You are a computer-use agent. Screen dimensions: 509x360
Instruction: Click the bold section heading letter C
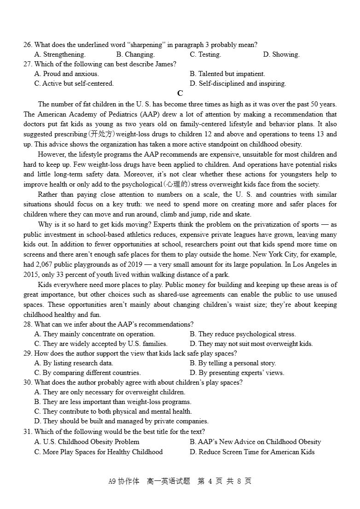point(180,94)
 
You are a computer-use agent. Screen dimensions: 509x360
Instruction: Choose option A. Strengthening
point(60,54)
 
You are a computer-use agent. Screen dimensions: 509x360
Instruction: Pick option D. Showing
point(281,54)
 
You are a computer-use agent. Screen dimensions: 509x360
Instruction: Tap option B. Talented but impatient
point(227,74)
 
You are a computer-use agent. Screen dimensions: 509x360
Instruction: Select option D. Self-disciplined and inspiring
point(238,83)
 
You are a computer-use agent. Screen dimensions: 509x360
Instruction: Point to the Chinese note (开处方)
point(102,134)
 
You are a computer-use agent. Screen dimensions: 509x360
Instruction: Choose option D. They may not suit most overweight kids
point(251,344)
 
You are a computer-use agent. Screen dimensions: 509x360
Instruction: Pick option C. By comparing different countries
point(87,373)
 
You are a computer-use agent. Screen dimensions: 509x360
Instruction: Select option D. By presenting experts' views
point(237,373)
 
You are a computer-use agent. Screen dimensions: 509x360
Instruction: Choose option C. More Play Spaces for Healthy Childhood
point(99,452)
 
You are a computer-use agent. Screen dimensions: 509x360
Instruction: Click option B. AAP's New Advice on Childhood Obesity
point(255,442)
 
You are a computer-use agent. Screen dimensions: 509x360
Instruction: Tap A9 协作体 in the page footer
point(123,481)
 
